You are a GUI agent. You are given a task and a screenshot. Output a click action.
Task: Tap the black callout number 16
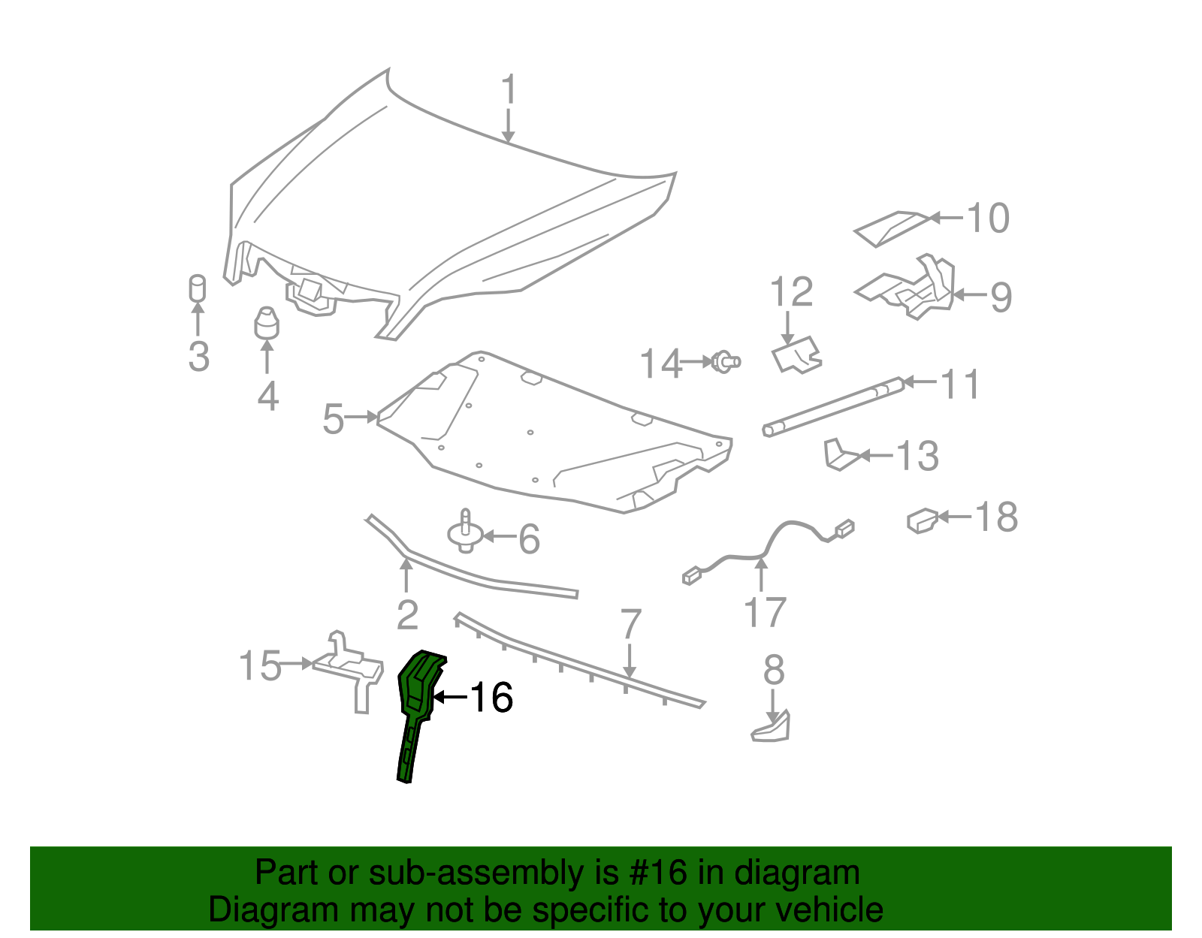click(x=491, y=698)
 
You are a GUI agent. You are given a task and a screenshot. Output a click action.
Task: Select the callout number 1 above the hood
click(x=509, y=90)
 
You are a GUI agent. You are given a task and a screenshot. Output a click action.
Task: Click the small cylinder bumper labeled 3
click(x=197, y=288)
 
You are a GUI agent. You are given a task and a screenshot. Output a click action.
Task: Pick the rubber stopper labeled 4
click(x=266, y=324)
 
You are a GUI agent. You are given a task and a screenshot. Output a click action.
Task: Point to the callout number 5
click(x=333, y=419)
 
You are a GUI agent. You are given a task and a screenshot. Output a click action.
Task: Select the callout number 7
click(x=630, y=625)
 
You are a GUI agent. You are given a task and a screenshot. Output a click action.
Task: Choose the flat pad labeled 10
click(x=891, y=227)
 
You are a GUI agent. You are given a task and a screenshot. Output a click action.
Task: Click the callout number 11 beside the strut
click(x=961, y=385)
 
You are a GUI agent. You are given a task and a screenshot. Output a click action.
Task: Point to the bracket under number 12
click(x=796, y=354)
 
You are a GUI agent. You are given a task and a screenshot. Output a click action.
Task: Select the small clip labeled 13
click(x=838, y=455)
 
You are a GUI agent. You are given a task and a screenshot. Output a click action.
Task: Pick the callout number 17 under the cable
click(x=764, y=613)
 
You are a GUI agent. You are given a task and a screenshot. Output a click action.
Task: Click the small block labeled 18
click(x=922, y=520)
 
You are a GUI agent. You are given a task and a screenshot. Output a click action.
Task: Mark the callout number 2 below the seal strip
click(x=406, y=615)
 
